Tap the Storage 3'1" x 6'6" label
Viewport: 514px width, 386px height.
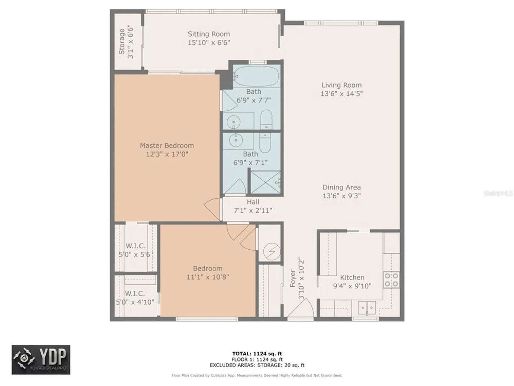point(126,42)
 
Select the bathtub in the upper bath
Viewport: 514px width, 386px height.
point(256,76)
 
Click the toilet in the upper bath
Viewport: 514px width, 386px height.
point(266,119)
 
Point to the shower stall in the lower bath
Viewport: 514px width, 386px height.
point(265,182)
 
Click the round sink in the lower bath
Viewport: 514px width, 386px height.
point(236,141)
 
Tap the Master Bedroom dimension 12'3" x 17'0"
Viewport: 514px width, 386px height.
point(167,154)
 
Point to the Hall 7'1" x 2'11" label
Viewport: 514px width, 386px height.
point(253,206)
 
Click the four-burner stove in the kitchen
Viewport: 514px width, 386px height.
point(391,280)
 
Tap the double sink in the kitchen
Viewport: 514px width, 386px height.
point(367,308)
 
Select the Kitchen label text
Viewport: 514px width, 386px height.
point(352,277)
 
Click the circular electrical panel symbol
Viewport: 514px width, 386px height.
point(272,252)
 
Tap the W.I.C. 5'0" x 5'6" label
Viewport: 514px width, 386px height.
point(135,250)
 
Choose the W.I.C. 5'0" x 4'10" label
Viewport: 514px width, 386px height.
point(135,298)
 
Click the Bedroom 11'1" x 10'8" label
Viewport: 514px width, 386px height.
point(208,273)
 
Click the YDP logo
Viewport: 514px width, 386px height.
point(41,359)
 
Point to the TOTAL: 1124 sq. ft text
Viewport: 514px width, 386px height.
point(257,354)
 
